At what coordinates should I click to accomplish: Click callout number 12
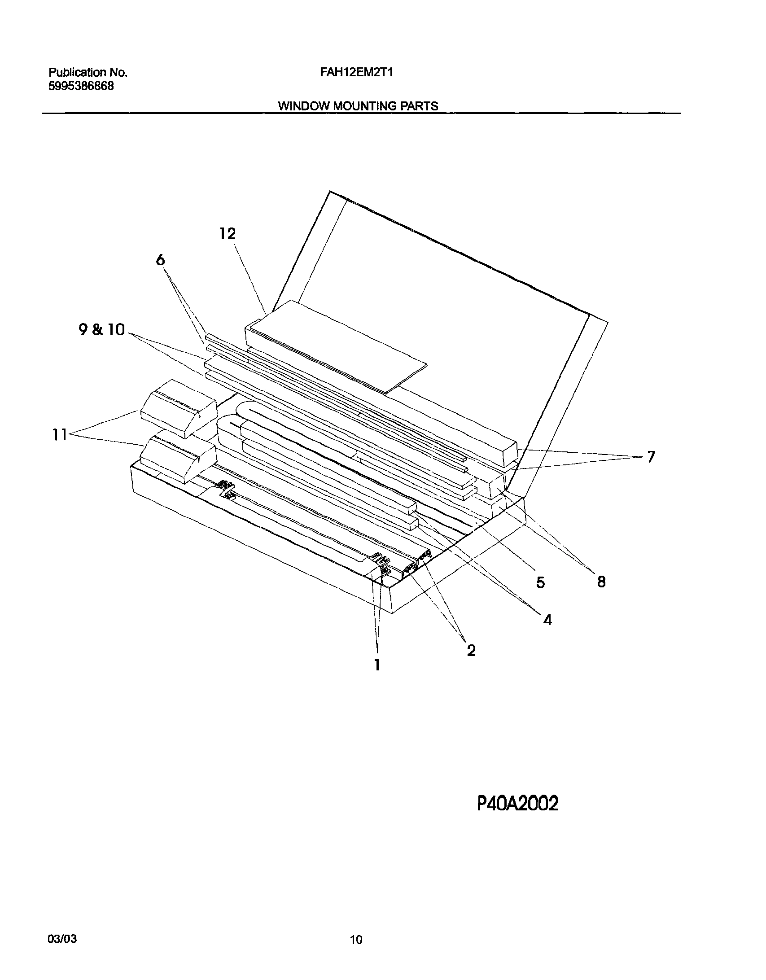coord(228,234)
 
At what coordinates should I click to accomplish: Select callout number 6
coord(161,260)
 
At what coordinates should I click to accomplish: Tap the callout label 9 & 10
coord(101,330)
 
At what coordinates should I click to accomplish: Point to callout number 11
coord(60,435)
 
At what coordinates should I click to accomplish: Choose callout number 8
coord(601,582)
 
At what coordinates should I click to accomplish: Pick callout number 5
coord(540,582)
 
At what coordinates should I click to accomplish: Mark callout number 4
coord(547,620)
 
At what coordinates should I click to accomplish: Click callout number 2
coord(471,650)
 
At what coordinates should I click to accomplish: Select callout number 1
coord(377,677)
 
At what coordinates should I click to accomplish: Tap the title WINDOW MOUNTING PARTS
coord(358,106)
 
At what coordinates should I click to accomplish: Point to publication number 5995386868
coord(81,86)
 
